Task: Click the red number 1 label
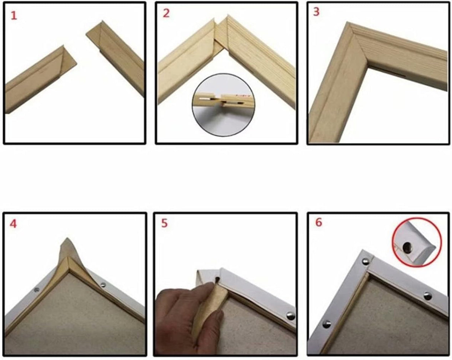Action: [14, 16]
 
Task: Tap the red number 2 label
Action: [166, 13]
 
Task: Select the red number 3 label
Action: [316, 12]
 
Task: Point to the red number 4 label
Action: [13, 224]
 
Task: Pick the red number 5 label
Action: [165, 223]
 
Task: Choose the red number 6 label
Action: [319, 222]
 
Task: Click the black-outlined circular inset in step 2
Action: [224, 105]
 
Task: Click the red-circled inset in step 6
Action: [417, 242]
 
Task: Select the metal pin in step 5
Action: [290, 316]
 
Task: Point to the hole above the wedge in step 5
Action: [217, 280]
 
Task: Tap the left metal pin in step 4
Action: [37, 290]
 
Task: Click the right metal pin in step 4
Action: [103, 285]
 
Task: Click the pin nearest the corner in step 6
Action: [366, 262]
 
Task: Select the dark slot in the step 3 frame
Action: [386, 71]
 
